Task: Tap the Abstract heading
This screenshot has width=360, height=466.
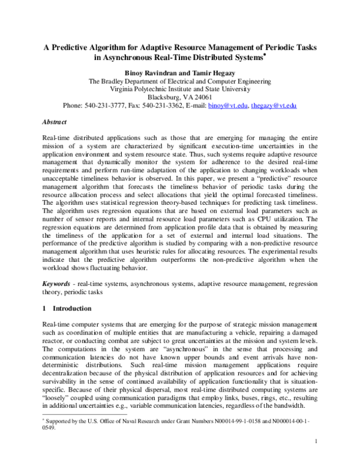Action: (x=55, y=122)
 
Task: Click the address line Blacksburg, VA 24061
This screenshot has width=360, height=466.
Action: (x=179, y=97)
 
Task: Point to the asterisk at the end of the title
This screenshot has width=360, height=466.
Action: (x=265, y=55)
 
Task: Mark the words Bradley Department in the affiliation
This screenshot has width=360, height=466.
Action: (x=131, y=80)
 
